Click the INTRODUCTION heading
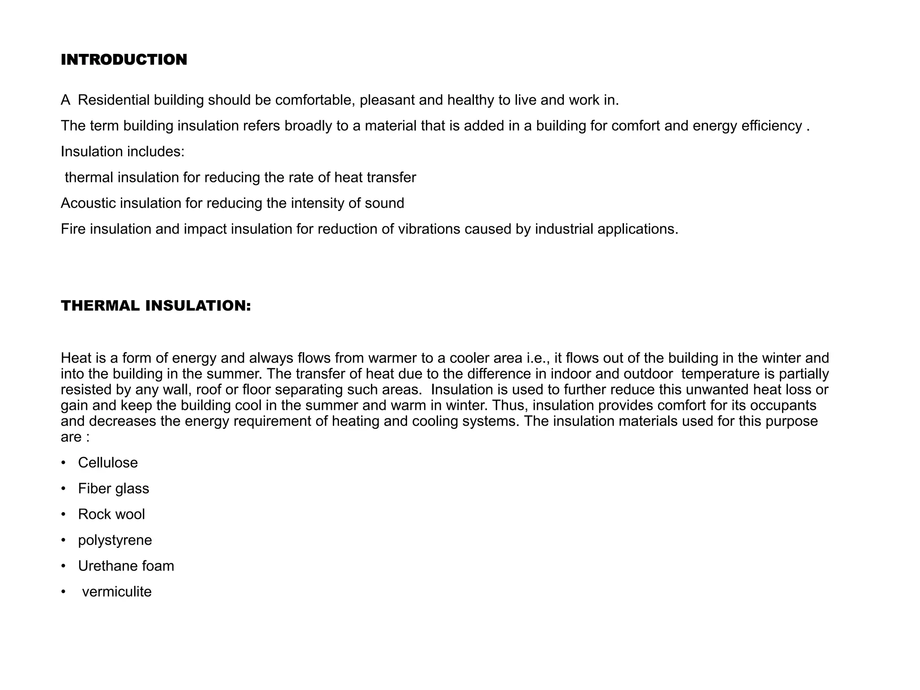[x=124, y=60]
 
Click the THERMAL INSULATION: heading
[x=156, y=306]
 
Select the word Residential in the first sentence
[x=114, y=100]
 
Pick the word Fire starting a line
[x=73, y=229]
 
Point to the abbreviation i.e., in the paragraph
[x=539, y=358]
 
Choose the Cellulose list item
[x=108, y=463]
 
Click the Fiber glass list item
[x=113, y=488]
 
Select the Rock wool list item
[x=111, y=514]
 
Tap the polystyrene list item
[x=115, y=540]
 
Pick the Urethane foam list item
[x=126, y=566]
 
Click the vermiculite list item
[x=117, y=592]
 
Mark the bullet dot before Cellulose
[x=64, y=463]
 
